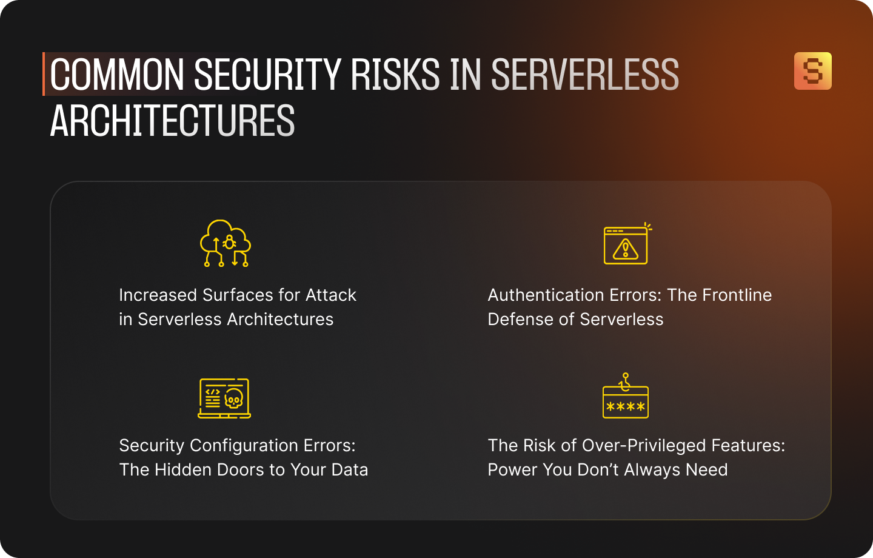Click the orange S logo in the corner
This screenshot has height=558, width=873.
pos(812,71)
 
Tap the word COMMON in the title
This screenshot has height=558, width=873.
pos(116,75)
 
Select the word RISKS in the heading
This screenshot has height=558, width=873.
pos(395,75)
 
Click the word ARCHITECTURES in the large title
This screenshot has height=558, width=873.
pos(172,121)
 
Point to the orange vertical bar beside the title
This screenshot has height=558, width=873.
pos(44,74)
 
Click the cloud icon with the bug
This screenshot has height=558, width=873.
pos(226,243)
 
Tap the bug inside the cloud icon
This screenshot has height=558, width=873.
pos(229,242)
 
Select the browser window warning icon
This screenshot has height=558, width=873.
pos(626,245)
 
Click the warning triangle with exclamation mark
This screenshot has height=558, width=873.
pos(626,249)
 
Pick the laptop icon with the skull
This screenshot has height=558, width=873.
pos(224,398)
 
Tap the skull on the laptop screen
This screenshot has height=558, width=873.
pos(234,399)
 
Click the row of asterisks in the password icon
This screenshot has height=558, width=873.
pos(626,407)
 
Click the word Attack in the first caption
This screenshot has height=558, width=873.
pos(330,295)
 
